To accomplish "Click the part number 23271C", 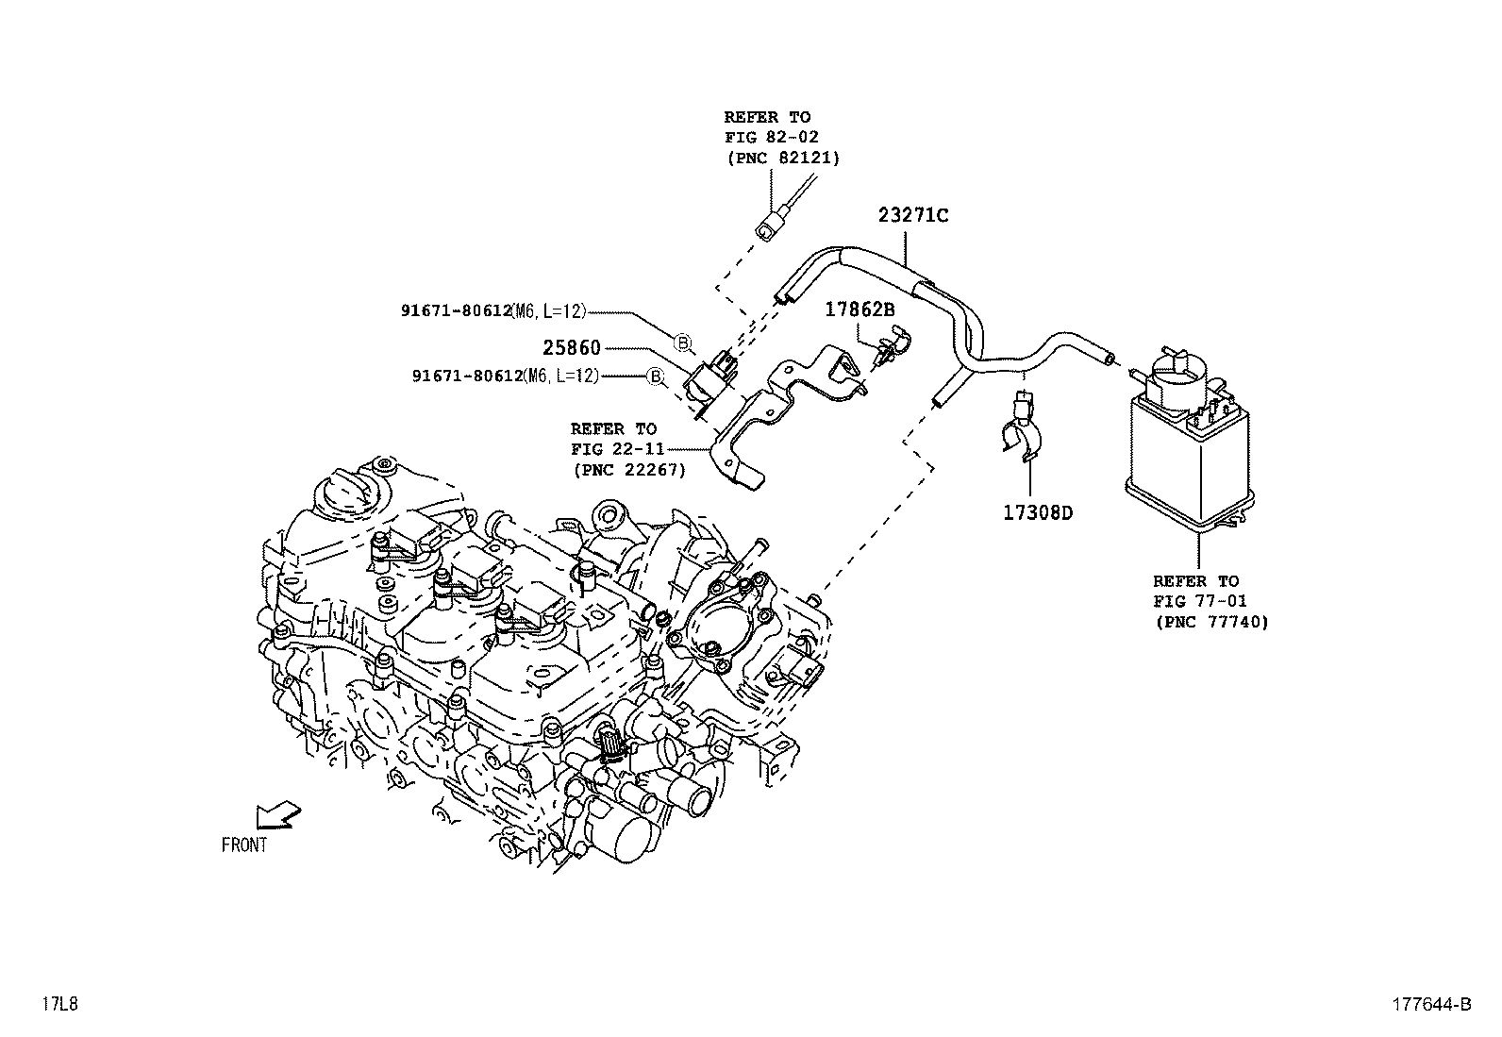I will pyautogui.click(x=912, y=215).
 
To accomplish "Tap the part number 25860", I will pyautogui.click(x=571, y=348).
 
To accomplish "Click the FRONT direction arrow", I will pyautogui.click(x=278, y=815).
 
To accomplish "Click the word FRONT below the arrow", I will pyautogui.click(x=244, y=845).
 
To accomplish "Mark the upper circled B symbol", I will pyautogui.click(x=682, y=342).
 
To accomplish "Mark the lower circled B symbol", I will pyautogui.click(x=655, y=376).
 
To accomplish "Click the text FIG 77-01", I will pyautogui.click(x=1199, y=601).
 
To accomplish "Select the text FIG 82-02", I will pyautogui.click(x=771, y=137).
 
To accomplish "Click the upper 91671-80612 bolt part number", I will pyautogui.click(x=455, y=310).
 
